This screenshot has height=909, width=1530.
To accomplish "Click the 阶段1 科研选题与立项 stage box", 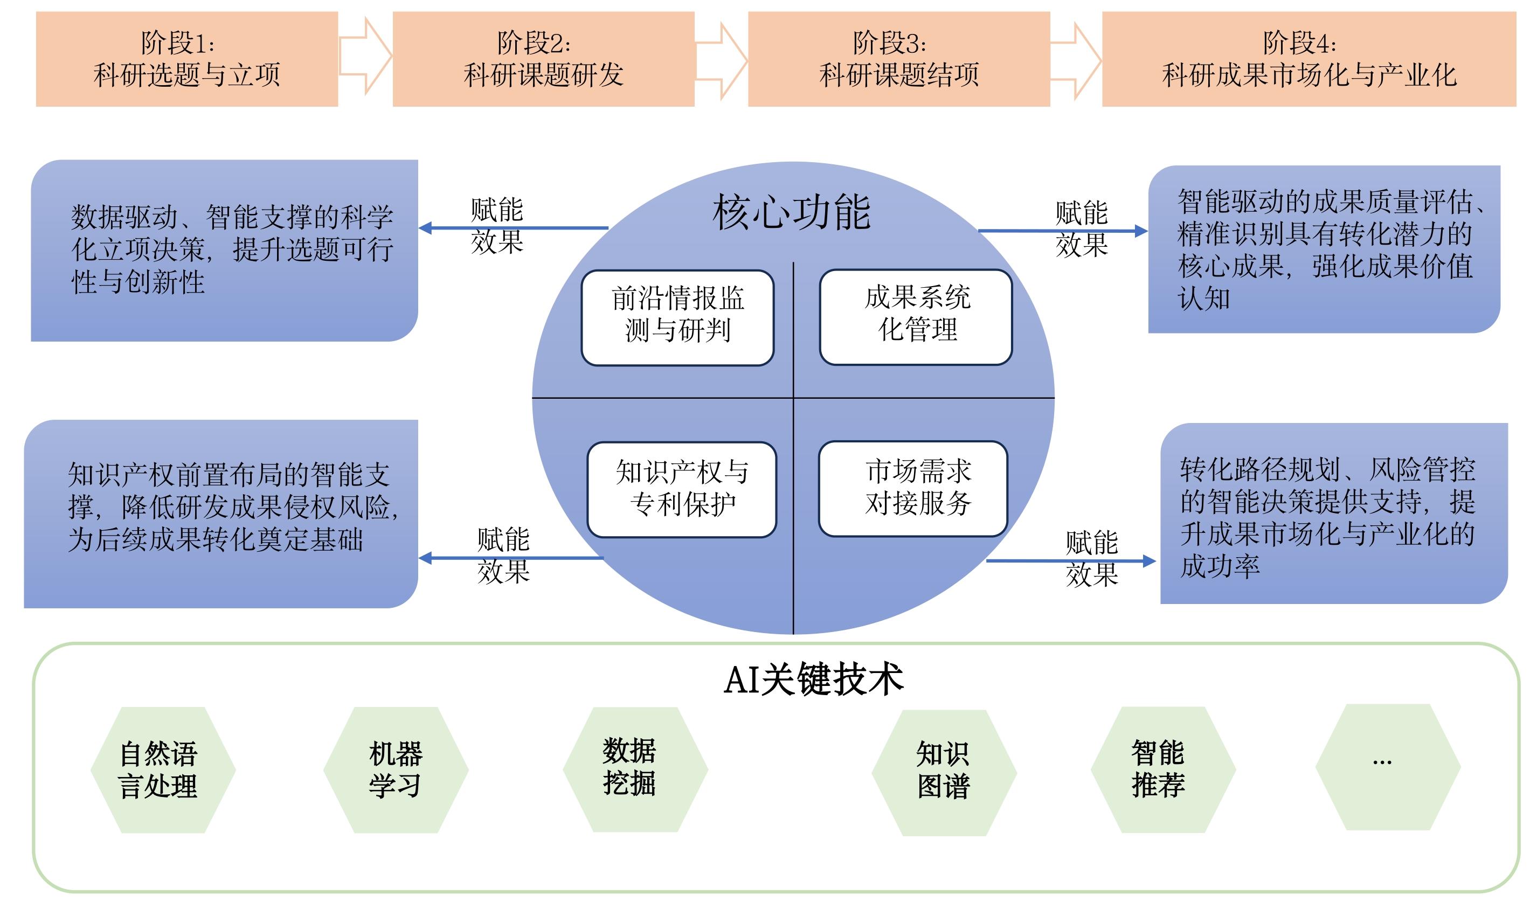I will click(x=187, y=59).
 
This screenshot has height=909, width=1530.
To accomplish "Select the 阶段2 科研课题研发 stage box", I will click(x=543, y=59).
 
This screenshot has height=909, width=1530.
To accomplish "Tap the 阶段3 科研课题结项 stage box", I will click(x=898, y=59).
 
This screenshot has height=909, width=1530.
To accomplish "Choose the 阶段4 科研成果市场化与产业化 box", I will click(x=1309, y=59).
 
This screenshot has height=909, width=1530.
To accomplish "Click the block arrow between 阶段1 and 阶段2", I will click(x=365, y=57).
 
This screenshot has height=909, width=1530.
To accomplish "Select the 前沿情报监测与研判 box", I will click(x=677, y=317).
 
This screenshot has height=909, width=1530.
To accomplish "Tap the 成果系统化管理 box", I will click(x=916, y=316).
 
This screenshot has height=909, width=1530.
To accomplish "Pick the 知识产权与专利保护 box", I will click(x=682, y=489).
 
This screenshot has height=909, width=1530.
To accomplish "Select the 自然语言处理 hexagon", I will click(x=163, y=770).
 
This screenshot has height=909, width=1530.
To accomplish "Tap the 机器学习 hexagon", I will click(x=396, y=770).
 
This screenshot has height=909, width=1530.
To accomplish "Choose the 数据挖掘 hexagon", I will click(x=635, y=769).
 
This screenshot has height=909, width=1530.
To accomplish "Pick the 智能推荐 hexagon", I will click(x=1162, y=769).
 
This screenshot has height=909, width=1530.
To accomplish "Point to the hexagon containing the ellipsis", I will click(x=1388, y=767).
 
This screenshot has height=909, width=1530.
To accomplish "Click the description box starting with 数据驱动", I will click(x=225, y=251).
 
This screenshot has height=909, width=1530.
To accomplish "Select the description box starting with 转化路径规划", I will click(x=1333, y=514).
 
